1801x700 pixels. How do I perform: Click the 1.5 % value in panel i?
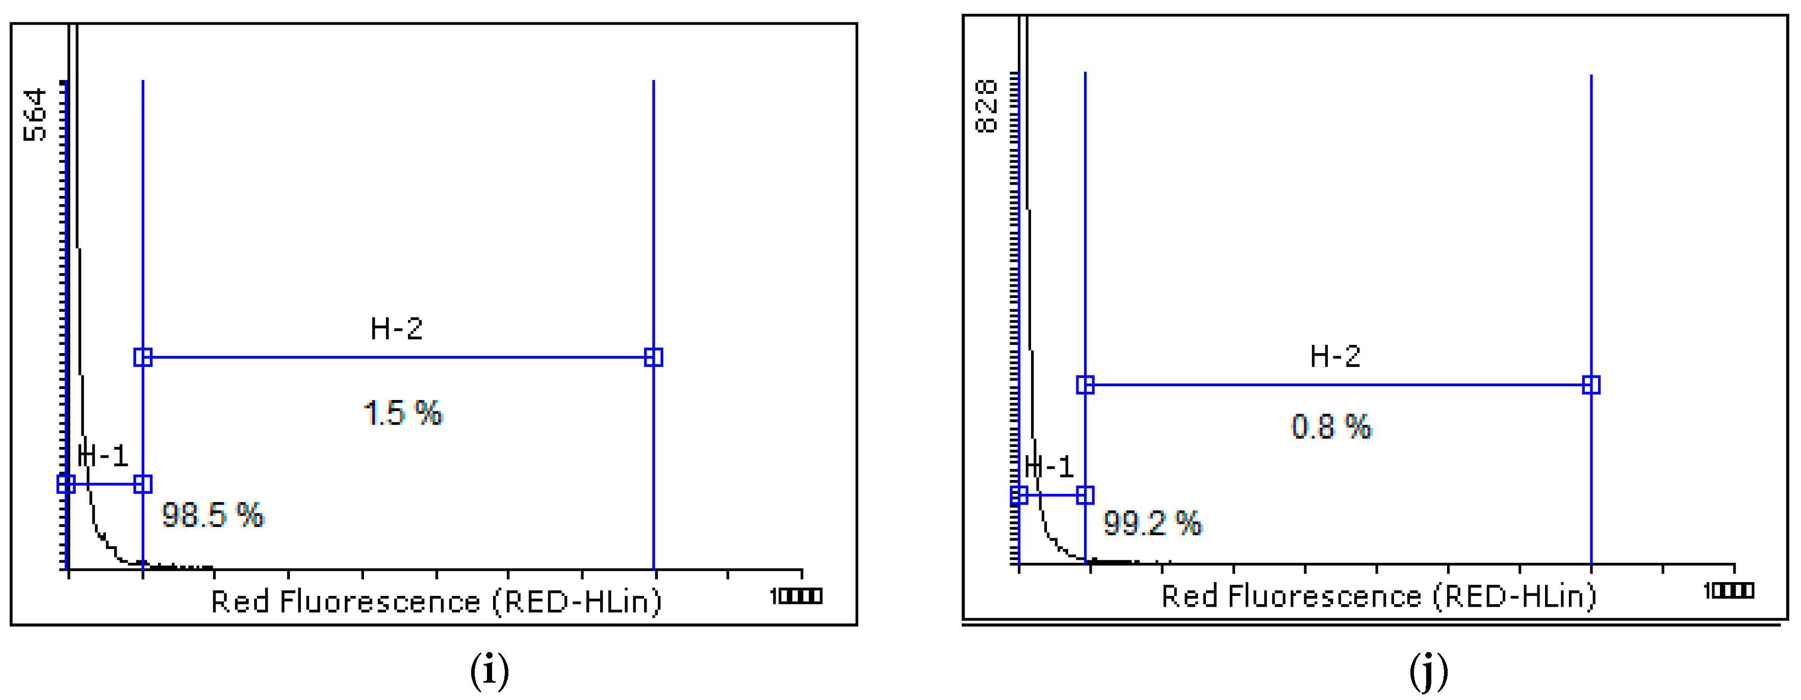(x=403, y=413)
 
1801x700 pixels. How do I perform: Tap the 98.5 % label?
(x=213, y=515)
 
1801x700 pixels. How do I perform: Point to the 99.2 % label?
(x=1152, y=523)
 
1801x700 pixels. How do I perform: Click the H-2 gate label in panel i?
(x=396, y=329)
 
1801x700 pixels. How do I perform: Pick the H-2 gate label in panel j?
(x=1334, y=357)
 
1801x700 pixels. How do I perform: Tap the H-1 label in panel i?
(x=104, y=456)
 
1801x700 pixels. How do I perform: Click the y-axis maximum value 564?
(x=35, y=115)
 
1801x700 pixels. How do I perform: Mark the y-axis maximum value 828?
(x=986, y=106)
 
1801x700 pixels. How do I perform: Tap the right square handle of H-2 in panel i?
(x=653, y=357)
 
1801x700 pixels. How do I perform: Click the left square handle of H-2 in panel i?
(x=143, y=357)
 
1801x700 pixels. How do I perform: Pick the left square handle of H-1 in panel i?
(x=66, y=484)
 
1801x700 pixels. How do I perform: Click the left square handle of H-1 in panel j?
(x=1019, y=495)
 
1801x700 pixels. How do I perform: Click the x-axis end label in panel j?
(x=1728, y=591)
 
